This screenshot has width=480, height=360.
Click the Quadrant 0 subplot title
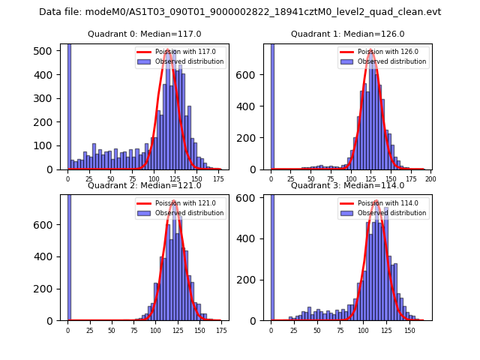pos(145,34)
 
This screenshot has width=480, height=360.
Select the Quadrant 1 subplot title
pos(347,34)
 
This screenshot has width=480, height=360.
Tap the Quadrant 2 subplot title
pos(145,185)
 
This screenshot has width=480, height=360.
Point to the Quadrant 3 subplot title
pos(347,185)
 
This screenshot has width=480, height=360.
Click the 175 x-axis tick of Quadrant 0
pos(217,180)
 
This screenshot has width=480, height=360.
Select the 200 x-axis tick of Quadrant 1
pos(430,180)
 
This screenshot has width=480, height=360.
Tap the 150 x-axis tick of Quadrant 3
pos(409,331)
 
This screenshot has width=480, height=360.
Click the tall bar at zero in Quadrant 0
pos(69,105)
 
